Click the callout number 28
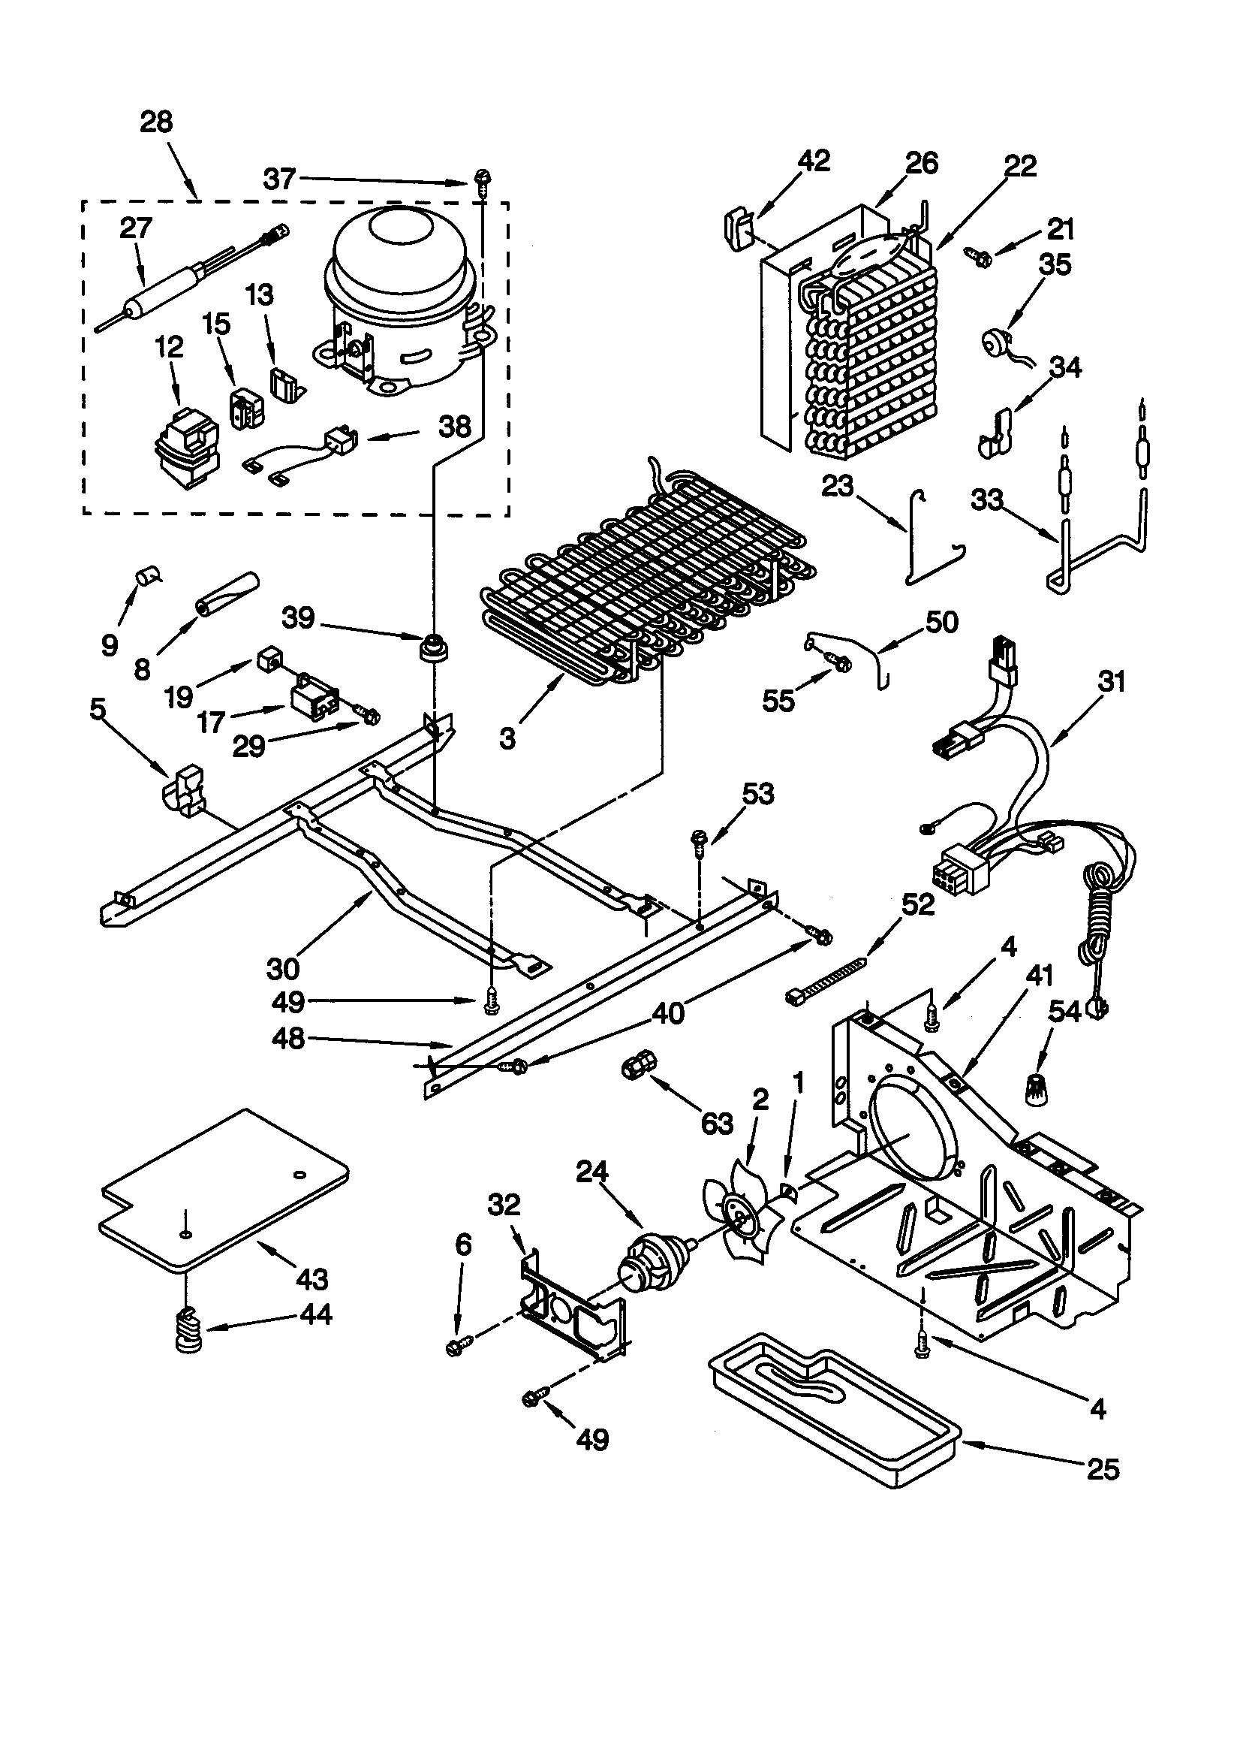click(156, 122)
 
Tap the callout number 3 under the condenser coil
click(507, 738)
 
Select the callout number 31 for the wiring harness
click(1111, 680)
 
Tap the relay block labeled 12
click(186, 449)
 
